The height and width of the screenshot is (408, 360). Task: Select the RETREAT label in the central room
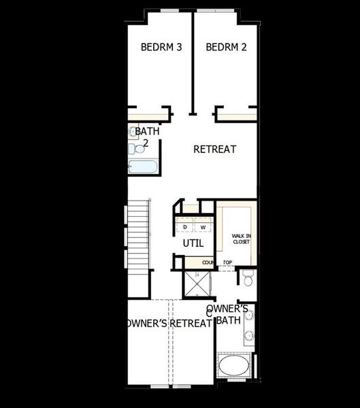214,149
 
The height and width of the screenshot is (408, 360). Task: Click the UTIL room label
193,243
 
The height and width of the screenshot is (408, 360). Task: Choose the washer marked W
203,226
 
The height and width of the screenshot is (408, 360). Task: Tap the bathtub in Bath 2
143,167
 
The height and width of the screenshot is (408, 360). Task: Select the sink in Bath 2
132,131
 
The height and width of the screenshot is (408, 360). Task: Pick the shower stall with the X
198,284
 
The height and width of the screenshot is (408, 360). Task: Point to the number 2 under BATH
146,143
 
